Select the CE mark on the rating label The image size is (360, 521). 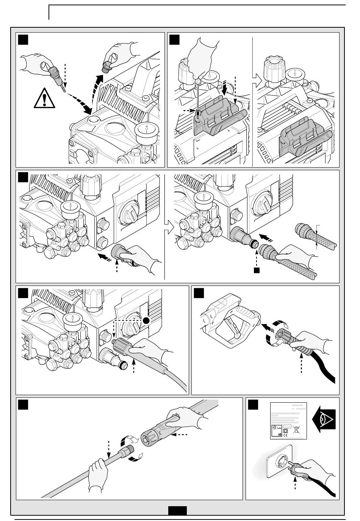285,435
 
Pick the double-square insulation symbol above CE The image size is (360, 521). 285,430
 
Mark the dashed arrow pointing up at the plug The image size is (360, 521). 295,486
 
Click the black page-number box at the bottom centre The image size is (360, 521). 177,511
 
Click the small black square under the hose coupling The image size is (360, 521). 257,270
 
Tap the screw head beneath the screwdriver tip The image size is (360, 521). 197,111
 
